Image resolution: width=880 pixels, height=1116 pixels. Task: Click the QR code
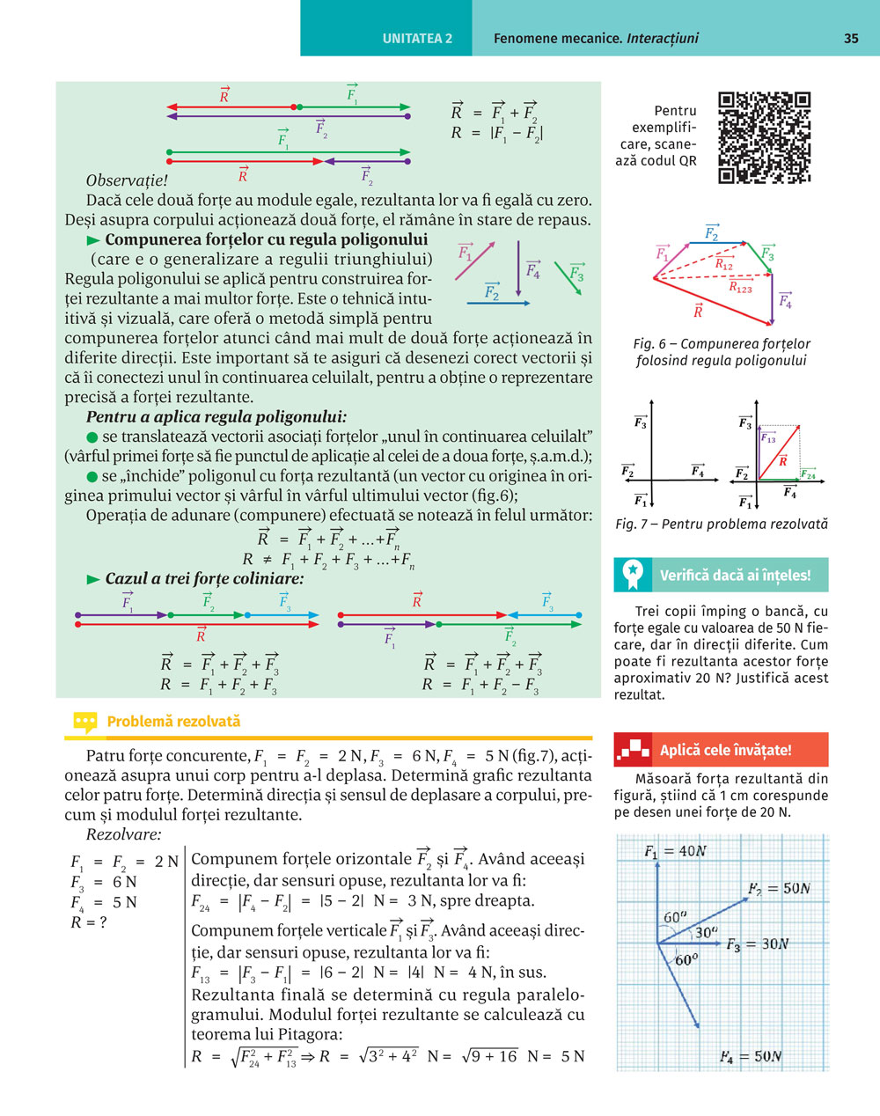click(765, 136)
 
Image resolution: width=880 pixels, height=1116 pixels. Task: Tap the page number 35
click(851, 38)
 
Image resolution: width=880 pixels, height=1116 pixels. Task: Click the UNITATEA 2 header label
click(417, 39)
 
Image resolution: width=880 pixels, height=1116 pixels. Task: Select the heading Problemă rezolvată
click(173, 722)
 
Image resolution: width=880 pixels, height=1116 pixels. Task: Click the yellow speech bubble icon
click(84, 723)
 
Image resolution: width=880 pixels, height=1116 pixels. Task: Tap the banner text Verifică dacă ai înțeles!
click(736, 576)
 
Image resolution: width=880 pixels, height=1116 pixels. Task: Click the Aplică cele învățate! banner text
click(726, 751)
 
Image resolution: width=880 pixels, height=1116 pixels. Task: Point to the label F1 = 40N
click(675, 851)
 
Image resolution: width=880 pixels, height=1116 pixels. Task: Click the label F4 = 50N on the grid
click(750, 1056)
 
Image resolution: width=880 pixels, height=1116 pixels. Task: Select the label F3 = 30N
click(757, 944)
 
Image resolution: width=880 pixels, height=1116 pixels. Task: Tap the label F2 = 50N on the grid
click(779, 889)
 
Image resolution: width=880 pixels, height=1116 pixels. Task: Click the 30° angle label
click(706, 932)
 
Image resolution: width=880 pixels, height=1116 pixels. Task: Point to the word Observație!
click(127, 181)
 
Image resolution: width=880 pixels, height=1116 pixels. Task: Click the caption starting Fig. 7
click(722, 525)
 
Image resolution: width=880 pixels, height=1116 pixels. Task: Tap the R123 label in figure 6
click(740, 287)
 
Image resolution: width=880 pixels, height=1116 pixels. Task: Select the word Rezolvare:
click(124, 834)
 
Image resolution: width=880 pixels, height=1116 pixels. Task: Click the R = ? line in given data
click(89, 922)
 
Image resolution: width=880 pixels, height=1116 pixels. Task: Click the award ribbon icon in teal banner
click(633, 575)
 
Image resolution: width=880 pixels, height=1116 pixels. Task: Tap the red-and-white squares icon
click(634, 751)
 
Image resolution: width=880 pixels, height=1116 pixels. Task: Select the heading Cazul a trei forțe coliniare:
click(204, 579)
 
